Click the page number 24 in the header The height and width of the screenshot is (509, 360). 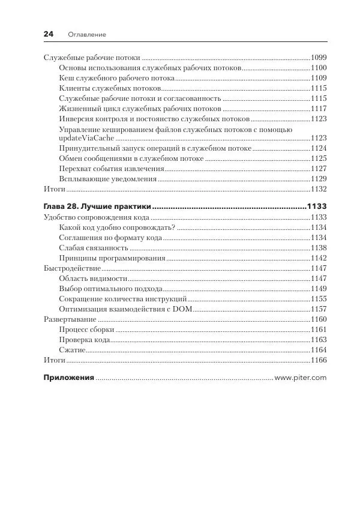coord(49,34)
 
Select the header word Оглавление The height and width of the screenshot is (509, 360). coord(87,35)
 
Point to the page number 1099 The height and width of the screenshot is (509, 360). coord(318,58)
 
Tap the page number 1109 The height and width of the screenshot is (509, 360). coord(318,78)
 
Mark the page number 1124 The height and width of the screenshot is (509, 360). coord(318,148)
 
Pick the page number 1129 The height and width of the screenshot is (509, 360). coord(318,178)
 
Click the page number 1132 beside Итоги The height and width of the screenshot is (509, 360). coord(318,188)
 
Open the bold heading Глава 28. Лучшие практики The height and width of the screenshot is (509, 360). coord(97,206)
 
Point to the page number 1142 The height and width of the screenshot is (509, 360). coord(318,258)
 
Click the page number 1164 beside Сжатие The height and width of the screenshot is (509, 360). coord(318,350)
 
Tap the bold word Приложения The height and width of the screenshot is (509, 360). coord(69,378)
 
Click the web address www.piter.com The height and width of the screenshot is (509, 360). coord(300,378)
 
